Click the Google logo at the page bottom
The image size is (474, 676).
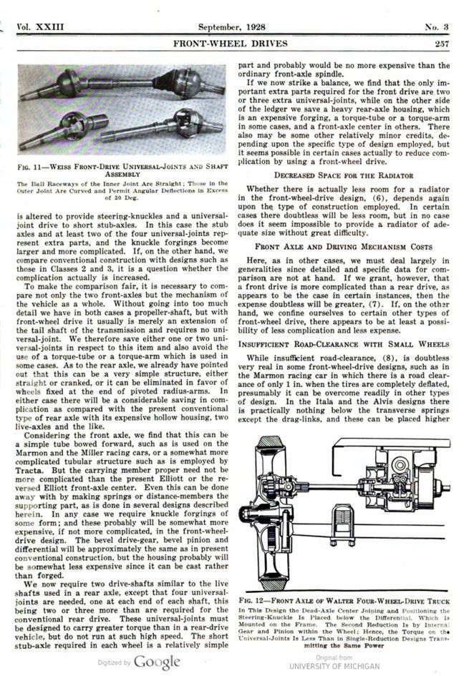tap(156, 661)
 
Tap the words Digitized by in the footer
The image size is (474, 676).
tap(114, 662)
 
